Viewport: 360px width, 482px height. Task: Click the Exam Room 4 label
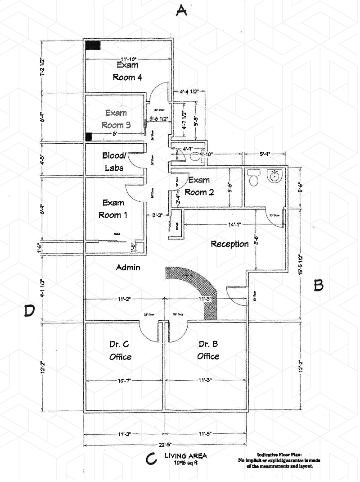127,71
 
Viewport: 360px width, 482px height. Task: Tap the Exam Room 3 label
116,119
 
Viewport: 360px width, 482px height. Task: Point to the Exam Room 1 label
113,209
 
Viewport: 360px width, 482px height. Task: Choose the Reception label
229,244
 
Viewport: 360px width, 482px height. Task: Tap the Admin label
128,268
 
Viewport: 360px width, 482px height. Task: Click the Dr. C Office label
120,351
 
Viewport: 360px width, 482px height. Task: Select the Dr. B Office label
208,350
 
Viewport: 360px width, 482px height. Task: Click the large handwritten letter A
181,10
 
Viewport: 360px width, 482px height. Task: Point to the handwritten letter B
319,285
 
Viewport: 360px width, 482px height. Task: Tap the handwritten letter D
29,311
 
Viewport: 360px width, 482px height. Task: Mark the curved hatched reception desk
198,288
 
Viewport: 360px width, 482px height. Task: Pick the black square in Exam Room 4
93,45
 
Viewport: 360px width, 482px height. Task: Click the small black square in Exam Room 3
89,136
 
